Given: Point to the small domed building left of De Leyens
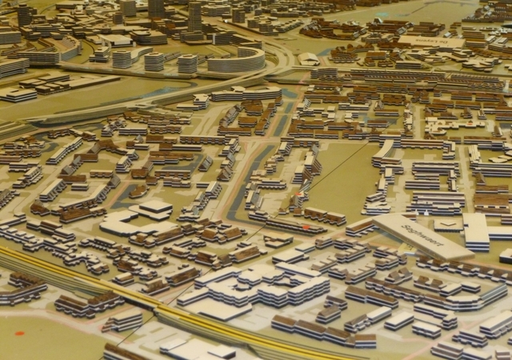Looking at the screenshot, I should coord(309,58).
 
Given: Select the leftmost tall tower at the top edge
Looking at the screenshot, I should coord(25,14).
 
